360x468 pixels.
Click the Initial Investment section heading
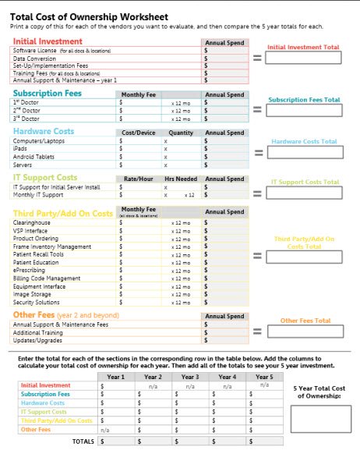tap(48, 41)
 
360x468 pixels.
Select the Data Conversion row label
tap(30, 58)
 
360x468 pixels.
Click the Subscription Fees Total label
tap(304, 100)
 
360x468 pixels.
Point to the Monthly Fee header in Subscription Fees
tap(139, 94)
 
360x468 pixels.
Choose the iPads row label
tap(20, 147)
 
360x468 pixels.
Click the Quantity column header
tap(180, 133)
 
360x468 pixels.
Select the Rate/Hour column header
tap(139, 179)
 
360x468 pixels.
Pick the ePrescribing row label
tap(29, 269)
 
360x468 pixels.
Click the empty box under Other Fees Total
tap(304, 333)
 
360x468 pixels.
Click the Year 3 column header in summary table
tap(189, 377)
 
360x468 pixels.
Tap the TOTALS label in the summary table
tap(83, 441)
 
